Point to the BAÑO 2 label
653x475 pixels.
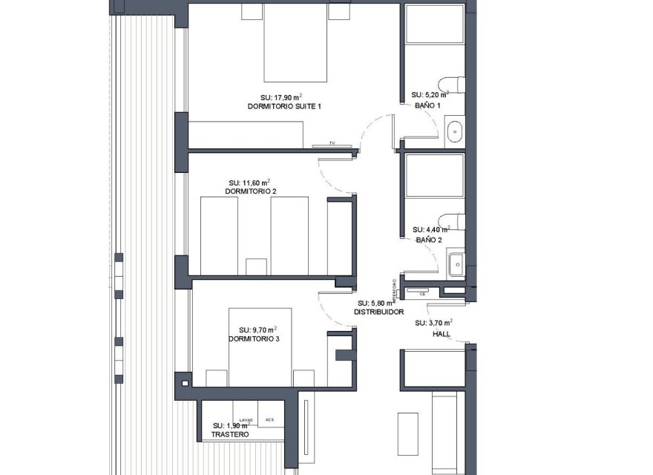(428, 240)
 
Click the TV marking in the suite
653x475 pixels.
(332, 142)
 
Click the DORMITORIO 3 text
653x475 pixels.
(255, 339)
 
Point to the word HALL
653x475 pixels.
(442, 333)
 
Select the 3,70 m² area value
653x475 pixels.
(434, 323)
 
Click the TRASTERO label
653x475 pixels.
(231, 434)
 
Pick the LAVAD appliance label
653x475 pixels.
(246, 420)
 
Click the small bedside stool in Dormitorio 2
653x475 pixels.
(257, 266)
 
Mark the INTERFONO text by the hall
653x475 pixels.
(395, 291)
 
